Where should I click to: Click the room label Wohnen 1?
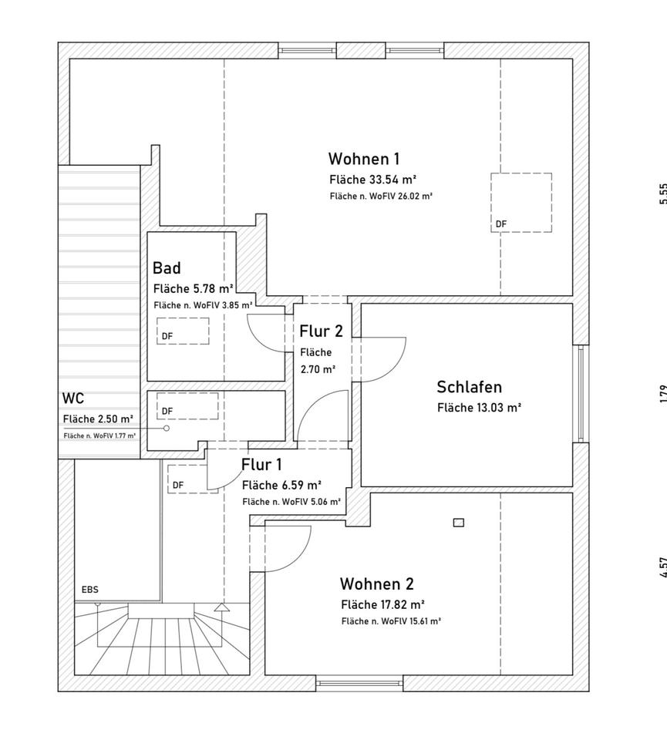pos(363,159)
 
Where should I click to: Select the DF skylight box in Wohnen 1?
pos(521,202)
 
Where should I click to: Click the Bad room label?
pos(167,268)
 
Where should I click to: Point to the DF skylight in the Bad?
pos(183,331)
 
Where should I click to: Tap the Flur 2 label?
pos(321,332)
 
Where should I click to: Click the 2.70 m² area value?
pos(318,369)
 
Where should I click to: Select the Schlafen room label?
pos(469,387)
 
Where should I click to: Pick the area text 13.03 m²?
pos(479,408)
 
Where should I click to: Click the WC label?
pos(73,399)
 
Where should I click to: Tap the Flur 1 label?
pos(261,465)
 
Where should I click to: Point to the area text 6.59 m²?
pos(281,486)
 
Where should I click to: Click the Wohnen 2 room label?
pos(377,584)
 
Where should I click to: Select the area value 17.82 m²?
pos(383,604)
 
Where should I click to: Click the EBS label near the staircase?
pos(90,590)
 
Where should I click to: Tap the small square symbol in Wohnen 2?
pos(459,523)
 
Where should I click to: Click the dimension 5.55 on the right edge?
pos(662,193)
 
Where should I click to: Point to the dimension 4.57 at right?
pos(662,567)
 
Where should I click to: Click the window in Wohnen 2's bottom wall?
pos(359,683)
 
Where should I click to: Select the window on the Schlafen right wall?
pos(581,393)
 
